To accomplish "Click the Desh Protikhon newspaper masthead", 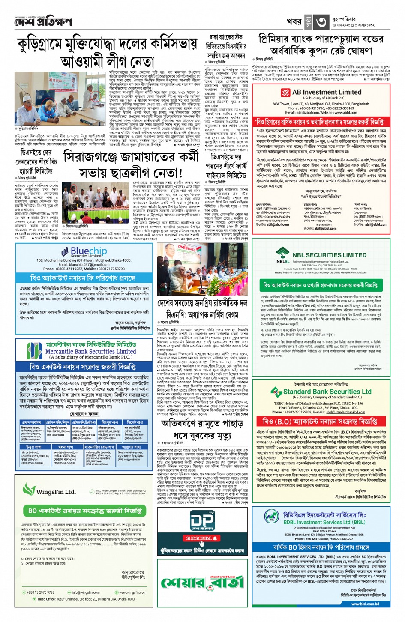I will tap(42, 21).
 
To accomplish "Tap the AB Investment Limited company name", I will tap(327, 92).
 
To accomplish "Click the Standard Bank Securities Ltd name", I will tap(327, 392).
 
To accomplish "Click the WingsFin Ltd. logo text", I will tap(56, 492).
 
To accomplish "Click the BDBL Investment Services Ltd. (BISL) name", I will tap(324, 522).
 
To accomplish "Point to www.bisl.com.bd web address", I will tap(365, 604).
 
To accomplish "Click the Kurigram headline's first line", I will tap(107, 45).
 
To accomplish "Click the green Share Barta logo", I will tap(202, 583).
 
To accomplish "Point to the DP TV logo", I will tap(202, 521).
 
